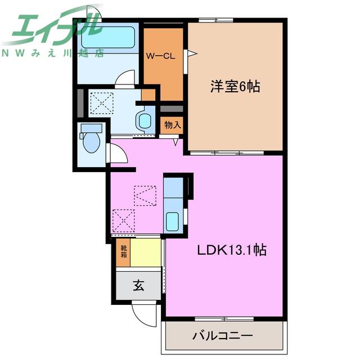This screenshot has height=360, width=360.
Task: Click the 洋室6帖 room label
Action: pos(235,87)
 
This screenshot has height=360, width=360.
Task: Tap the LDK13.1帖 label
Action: pos(232,250)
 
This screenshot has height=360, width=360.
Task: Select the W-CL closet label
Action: pos(161,56)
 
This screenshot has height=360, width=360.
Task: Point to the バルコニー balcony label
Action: pos(223,336)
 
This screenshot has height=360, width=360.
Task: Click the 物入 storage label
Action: pos(173,125)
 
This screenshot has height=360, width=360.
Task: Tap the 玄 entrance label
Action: pos(138,286)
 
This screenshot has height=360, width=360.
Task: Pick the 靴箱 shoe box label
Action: pos(124,251)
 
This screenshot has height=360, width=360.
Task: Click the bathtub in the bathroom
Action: pos(107,37)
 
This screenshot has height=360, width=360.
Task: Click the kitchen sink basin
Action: pos(172,222)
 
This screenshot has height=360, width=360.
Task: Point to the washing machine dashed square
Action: pos(102,103)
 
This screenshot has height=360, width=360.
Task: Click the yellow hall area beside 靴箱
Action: pos(146,253)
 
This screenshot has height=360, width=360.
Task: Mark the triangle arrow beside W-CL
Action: pos(192,54)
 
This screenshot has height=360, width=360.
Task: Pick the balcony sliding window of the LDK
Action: pos(224,319)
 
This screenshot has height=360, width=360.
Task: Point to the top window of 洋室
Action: pos(216,20)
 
